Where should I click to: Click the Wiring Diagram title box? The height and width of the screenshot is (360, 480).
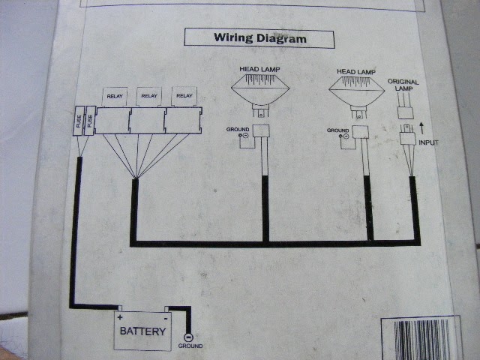pos(259,38)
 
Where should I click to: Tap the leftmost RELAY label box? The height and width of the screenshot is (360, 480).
pos(115,97)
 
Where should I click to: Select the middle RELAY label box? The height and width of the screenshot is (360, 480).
pos(149,96)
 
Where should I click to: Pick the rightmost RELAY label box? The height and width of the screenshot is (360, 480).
pos(184,96)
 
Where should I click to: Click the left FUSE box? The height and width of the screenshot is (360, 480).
pos(79,121)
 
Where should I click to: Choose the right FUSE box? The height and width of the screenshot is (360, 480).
pos(90,121)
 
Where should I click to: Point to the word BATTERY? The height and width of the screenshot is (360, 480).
pos(142,331)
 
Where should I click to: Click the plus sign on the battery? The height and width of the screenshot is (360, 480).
pos(120,317)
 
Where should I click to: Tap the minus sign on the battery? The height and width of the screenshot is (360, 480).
pos(166,319)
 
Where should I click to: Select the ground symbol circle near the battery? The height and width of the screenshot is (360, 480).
pos(188,337)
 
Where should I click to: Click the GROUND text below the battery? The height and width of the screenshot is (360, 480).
pos(190,346)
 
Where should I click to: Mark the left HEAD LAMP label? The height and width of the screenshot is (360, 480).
pos(259,69)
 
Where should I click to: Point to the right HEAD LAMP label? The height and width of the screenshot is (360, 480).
pos(356,72)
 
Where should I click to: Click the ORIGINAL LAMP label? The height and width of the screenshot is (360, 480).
pos(403,85)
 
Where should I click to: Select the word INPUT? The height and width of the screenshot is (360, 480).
pos(428,142)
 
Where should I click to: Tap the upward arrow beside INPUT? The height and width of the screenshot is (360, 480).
pos(421,128)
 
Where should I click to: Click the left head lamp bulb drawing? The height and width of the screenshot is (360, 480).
pos(260,95)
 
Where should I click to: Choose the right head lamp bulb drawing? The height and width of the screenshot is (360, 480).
pos(357,97)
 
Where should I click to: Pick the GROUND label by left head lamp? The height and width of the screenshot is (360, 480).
pos(238,130)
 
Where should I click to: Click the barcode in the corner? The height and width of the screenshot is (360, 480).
pos(421,339)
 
